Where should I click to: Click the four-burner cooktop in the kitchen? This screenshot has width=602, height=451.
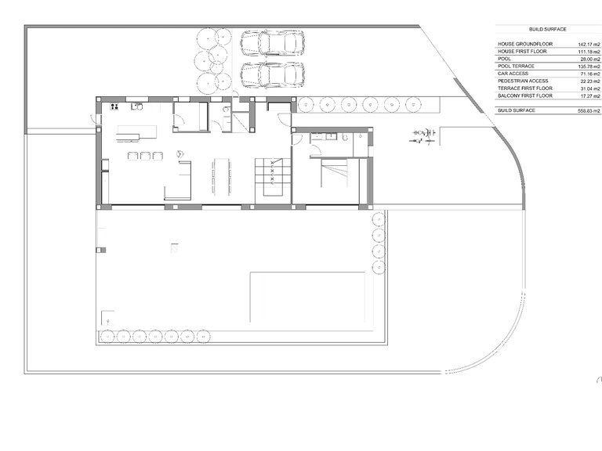114,106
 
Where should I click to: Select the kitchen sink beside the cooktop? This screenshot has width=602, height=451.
136,106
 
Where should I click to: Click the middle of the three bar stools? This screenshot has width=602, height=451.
145,155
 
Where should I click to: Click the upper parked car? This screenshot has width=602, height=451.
273,43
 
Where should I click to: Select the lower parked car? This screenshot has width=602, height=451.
273,75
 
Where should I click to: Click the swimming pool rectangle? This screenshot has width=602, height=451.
307,298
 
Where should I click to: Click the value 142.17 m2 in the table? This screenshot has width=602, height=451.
589,45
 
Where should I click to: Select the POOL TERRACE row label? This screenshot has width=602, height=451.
516,67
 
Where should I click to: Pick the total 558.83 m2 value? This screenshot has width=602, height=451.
589,111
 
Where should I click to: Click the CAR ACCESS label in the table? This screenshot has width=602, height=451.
513,74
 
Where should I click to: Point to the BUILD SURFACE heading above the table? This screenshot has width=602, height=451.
547,29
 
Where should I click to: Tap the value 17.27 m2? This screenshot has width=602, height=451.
590,96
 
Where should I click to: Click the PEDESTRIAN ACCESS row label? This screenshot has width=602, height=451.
523,81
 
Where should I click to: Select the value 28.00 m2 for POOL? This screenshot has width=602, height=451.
590,60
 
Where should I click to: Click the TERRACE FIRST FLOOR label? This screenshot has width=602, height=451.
525,88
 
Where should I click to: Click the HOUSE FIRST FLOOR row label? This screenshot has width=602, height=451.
522,52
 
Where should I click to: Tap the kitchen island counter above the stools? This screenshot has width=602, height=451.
137,132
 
